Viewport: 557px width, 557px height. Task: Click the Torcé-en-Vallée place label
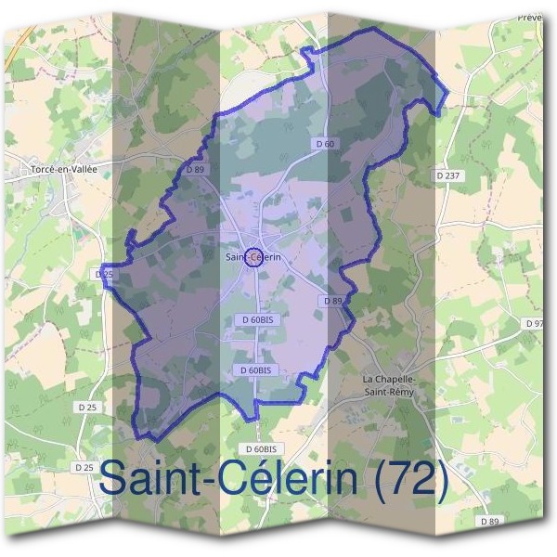click(x=64, y=169)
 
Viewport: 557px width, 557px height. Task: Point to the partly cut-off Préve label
click(x=529, y=17)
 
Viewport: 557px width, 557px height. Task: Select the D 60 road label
click(x=324, y=144)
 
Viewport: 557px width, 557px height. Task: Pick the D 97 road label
click(x=533, y=323)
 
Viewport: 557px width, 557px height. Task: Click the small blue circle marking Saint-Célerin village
click(x=252, y=258)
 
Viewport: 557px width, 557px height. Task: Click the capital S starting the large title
click(x=114, y=480)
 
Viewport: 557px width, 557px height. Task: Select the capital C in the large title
click(x=240, y=480)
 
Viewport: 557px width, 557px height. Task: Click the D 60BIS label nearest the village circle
click(x=255, y=319)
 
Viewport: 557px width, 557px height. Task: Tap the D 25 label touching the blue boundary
click(x=103, y=275)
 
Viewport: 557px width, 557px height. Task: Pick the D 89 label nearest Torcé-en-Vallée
click(x=194, y=170)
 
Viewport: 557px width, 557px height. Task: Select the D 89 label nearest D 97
click(x=333, y=301)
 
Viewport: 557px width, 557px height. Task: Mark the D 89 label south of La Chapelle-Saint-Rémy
click(x=489, y=522)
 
